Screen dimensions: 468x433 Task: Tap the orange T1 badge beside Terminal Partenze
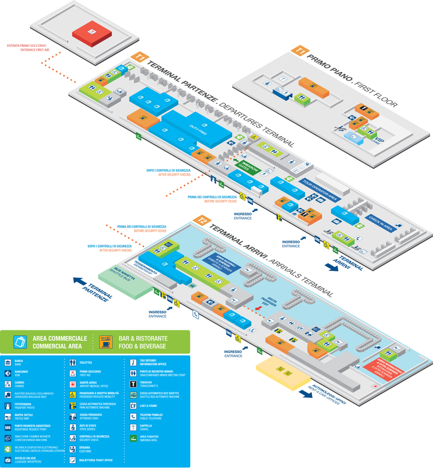pyautogui.click(x=139, y=57)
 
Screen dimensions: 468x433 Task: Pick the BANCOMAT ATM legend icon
pyautogui.click(x=8, y=373)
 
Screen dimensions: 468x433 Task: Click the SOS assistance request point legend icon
pyautogui.click(x=8, y=426)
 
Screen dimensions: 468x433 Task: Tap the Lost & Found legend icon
pyautogui.click(x=134, y=405)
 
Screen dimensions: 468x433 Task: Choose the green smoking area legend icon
pyautogui.click(x=134, y=437)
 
